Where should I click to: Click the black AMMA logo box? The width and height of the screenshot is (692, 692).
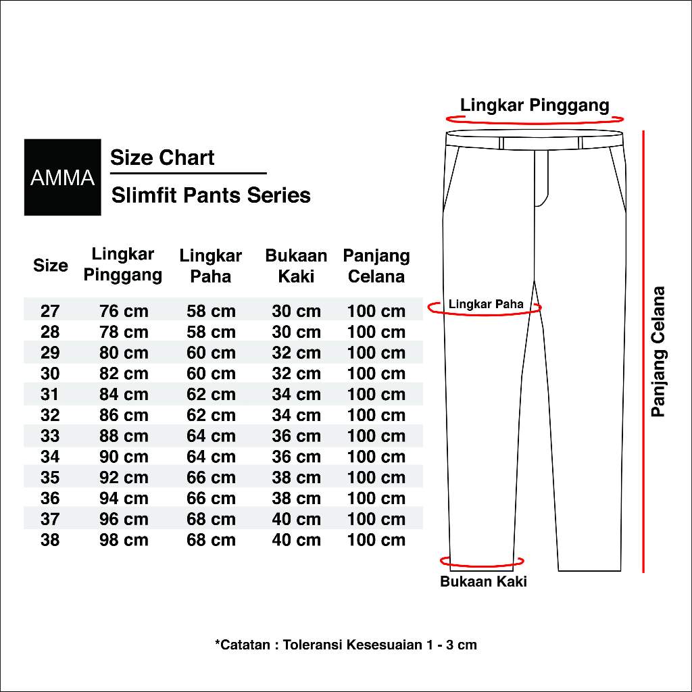tap(62, 177)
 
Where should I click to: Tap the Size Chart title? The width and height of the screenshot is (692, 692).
tap(162, 158)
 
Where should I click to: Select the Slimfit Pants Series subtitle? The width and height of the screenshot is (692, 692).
tap(211, 195)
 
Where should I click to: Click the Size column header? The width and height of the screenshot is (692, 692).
tap(51, 266)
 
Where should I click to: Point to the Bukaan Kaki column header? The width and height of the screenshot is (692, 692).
tap(296, 266)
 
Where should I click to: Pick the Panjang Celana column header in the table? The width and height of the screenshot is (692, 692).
tap(376, 266)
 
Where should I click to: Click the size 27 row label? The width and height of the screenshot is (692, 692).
tap(50, 312)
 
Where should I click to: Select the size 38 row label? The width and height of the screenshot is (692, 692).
tap(50, 540)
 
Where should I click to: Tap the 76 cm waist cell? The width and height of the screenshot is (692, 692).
tap(124, 312)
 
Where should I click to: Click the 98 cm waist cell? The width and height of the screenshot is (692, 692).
tap(124, 540)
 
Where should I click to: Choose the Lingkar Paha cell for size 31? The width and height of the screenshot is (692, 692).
tap(211, 395)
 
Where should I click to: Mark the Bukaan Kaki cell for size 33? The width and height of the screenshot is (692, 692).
tap(296, 436)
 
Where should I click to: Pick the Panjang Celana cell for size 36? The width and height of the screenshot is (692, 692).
tap(376, 499)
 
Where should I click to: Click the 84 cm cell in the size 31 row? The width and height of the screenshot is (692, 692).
tap(124, 395)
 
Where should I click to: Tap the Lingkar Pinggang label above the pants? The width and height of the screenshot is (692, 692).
tap(535, 105)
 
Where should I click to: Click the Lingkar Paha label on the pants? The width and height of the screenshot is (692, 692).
tap(486, 304)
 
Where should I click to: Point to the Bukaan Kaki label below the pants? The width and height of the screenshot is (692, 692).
tap(483, 582)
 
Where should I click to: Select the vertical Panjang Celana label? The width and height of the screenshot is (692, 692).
tap(658, 352)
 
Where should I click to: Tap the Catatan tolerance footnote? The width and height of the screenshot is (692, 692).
tap(345, 645)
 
